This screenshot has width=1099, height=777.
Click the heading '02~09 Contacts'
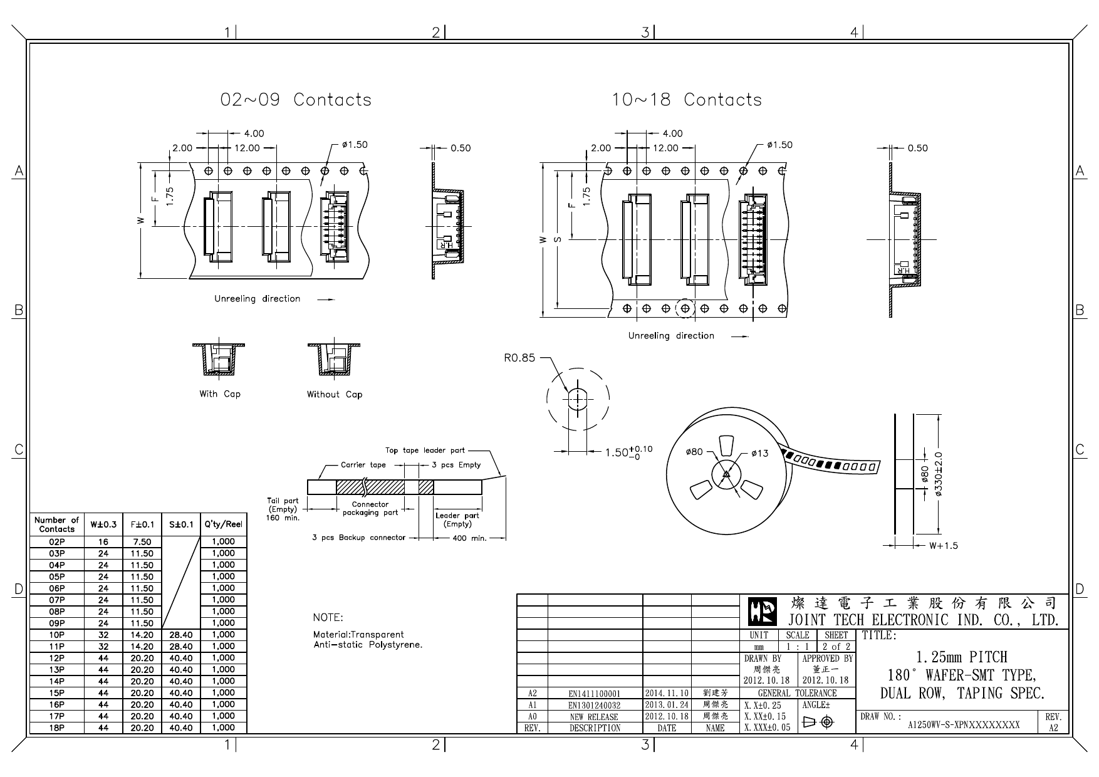(296, 100)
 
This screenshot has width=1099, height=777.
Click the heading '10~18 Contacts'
(687, 100)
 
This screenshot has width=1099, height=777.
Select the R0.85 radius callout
(519, 358)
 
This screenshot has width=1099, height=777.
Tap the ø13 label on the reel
(759, 452)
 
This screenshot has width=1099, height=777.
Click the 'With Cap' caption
(219, 394)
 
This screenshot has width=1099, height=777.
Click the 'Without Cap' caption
(334, 394)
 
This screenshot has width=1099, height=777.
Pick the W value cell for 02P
(103, 542)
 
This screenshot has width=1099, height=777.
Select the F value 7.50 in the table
(142, 542)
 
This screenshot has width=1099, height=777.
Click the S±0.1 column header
(180, 524)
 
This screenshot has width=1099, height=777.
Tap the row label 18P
(57, 728)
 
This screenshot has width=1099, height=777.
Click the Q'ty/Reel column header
(223, 524)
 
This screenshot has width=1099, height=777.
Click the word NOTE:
(328, 617)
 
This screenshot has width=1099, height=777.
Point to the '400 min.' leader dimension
(469, 538)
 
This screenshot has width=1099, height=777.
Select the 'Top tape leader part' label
(425, 451)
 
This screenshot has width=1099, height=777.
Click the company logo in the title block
(763, 612)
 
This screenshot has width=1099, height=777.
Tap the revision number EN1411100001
(594, 694)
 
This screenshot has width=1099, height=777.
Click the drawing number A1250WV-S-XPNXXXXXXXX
(964, 725)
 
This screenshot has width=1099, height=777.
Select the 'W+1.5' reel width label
(943, 546)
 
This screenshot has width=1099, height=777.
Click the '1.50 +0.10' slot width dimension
(628, 452)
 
